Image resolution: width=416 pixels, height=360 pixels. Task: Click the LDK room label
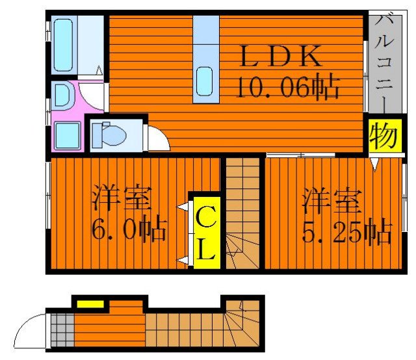coord(281,58)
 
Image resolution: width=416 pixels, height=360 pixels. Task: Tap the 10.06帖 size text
coord(287,87)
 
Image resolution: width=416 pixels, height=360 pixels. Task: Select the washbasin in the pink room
coord(62,96)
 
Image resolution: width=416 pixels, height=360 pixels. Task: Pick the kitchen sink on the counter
coord(205,81)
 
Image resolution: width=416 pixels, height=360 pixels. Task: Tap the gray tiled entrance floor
coord(62,329)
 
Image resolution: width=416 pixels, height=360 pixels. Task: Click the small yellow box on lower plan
coord(90,303)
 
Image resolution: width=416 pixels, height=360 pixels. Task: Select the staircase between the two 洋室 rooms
coord(242,214)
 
